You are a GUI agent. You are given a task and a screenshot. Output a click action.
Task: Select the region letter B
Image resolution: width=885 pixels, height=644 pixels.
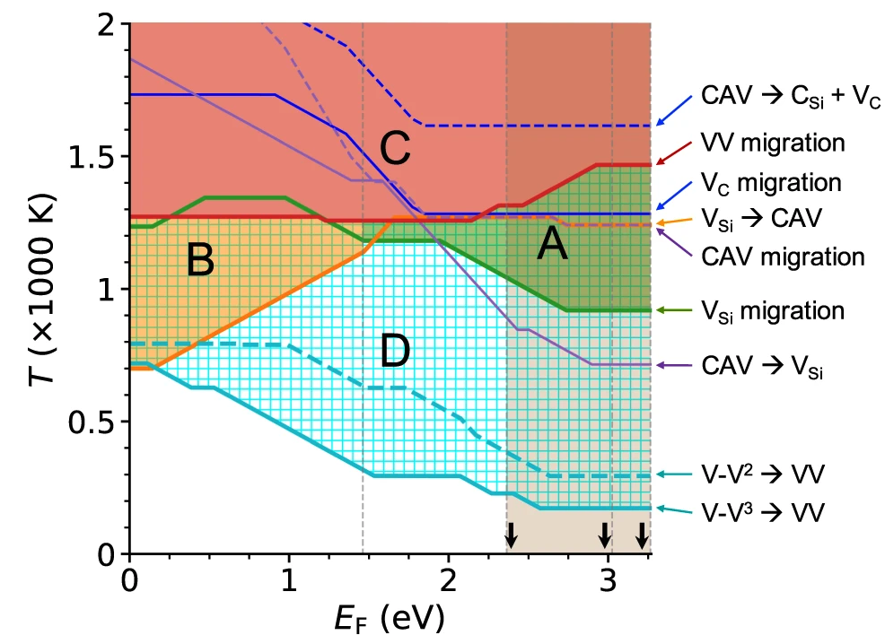[x=200, y=261]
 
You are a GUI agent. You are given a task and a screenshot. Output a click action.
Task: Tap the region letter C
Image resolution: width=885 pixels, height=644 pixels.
[x=394, y=150]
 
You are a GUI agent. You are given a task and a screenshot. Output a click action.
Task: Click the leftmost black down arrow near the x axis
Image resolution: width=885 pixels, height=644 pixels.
[x=511, y=535]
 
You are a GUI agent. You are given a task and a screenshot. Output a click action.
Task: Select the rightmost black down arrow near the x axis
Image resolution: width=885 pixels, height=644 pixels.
[x=641, y=535]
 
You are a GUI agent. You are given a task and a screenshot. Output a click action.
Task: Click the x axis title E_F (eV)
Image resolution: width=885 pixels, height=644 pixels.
[x=386, y=618]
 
